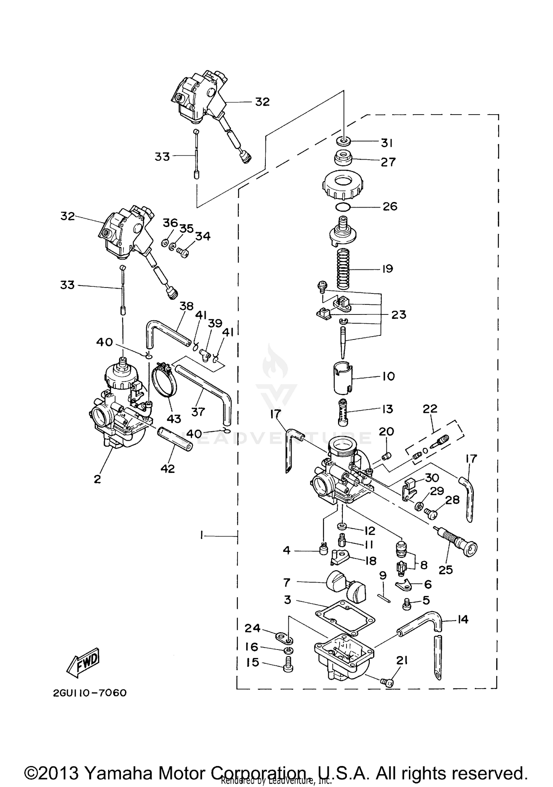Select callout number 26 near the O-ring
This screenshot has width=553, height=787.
(x=390, y=206)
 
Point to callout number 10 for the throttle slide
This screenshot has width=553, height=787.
(x=389, y=376)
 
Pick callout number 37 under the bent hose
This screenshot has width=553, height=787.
(x=198, y=411)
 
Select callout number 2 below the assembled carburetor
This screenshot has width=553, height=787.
(x=97, y=479)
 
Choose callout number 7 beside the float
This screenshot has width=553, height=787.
(x=287, y=582)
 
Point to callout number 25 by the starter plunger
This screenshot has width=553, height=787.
(x=445, y=570)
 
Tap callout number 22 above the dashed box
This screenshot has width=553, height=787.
(x=430, y=408)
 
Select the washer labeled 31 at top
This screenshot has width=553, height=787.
(x=344, y=141)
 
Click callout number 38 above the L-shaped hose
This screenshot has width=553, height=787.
(x=187, y=306)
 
